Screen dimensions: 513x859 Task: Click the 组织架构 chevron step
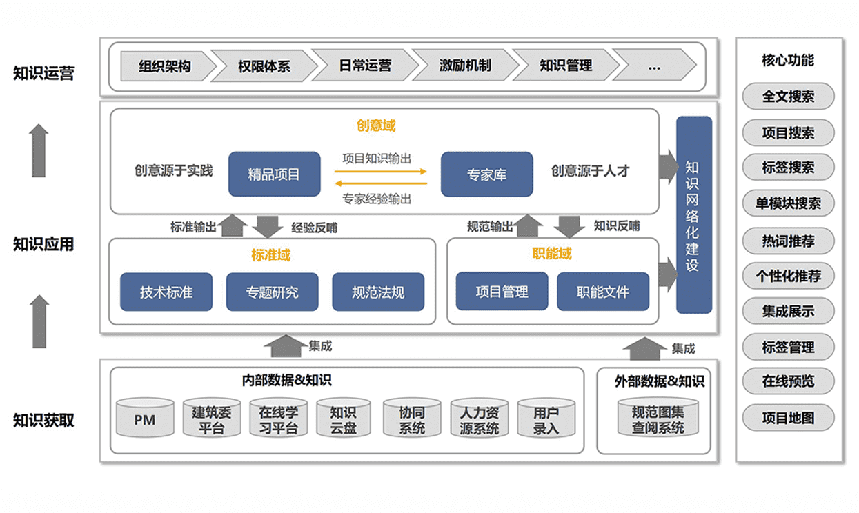pyautogui.click(x=164, y=66)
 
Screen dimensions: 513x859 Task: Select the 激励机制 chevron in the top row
pyautogui.click(x=465, y=66)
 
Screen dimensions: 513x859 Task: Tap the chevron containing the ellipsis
pyautogui.click(x=654, y=66)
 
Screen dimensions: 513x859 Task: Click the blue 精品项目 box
pyautogui.click(x=274, y=174)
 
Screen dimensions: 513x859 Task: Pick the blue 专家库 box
pyautogui.click(x=486, y=174)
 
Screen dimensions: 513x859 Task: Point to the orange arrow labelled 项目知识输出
pyautogui.click(x=382, y=166)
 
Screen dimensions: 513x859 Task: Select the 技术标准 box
pyautogui.click(x=166, y=292)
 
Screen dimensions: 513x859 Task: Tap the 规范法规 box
pyautogui.click(x=378, y=292)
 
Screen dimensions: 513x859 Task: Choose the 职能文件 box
pyautogui.click(x=603, y=292)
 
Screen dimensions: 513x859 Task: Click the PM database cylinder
pyautogui.click(x=145, y=418)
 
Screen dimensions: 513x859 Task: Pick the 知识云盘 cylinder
pyautogui.click(x=343, y=418)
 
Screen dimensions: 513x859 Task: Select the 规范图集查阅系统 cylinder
pyautogui.click(x=658, y=418)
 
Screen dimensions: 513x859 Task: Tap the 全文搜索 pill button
pyautogui.click(x=788, y=97)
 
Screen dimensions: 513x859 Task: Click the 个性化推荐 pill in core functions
pyautogui.click(x=788, y=276)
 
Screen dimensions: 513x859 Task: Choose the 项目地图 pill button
pyautogui.click(x=788, y=418)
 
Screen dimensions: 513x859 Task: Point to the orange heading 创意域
pyautogui.click(x=376, y=125)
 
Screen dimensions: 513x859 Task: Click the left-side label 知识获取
pyautogui.click(x=43, y=421)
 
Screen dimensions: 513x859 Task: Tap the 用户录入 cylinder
pyautogui.click(x=546, y=418)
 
